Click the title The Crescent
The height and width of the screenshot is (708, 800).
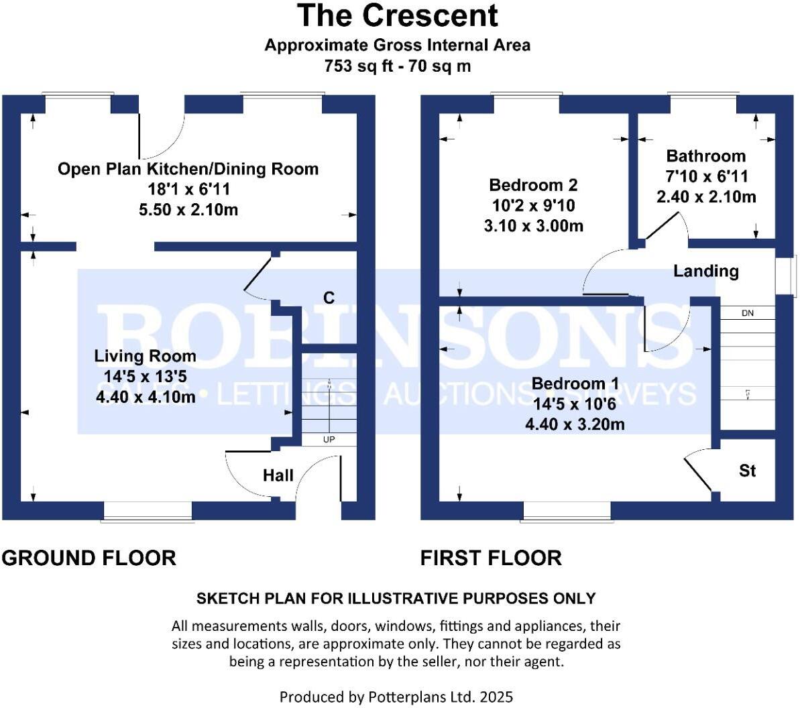(x=398, y=16)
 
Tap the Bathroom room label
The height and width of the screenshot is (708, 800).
(x=705, y=156)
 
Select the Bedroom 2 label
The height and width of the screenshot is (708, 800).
(x=533, y=185)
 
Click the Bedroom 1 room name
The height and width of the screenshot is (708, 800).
(x=575, y=383)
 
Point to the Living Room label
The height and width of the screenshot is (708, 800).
(x=145, y=356)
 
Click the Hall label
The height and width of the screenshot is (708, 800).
(x=278, y=475)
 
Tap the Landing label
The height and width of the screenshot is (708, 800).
(x=705, y=271)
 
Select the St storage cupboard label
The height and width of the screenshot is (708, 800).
(x=747, y=471)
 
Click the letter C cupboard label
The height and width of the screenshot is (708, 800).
(x=329, y=297)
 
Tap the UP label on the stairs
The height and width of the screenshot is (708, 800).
(x=329, y=440)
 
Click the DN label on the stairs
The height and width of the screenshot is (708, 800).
(x=747, y=313)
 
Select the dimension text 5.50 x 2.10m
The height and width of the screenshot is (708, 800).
(x=188, y=210)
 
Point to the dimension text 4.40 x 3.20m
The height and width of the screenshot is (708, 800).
(x=575, y=424)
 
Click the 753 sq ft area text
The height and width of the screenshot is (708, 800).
(x=362, y=66)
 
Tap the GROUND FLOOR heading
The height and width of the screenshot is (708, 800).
(x=89, y=558)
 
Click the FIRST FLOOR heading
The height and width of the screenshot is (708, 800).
(x=491, y=558)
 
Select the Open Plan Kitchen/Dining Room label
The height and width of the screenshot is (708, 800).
(x=188, y=169)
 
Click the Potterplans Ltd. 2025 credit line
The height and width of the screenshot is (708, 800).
(x=396, y=697)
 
